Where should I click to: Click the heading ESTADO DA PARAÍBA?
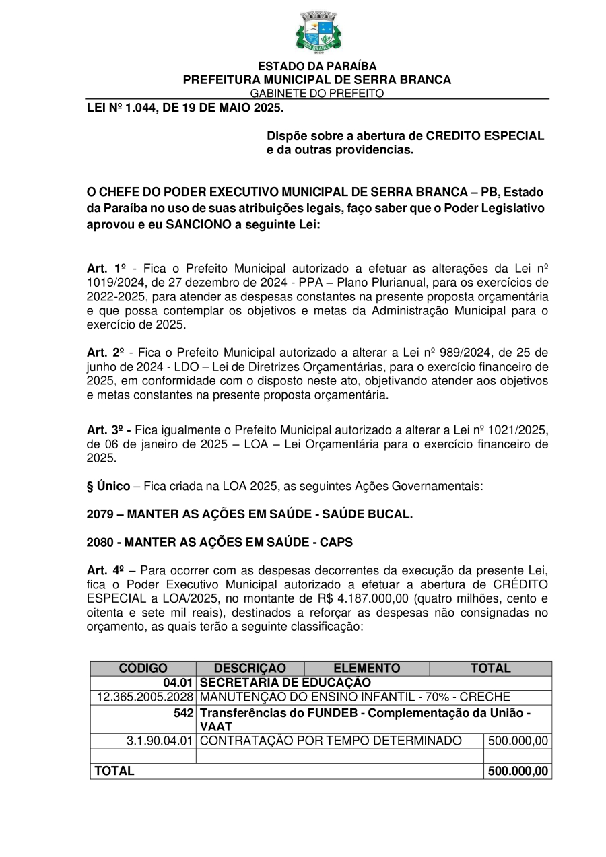(x=317, y=67)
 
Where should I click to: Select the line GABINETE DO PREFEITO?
(x=317, y=94)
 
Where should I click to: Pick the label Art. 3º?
(x=108, y=430)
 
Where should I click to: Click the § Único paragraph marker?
(x=108, y=486)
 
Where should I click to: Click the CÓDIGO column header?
(x=143, y=669)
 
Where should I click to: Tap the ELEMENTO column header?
(x=367, y=669)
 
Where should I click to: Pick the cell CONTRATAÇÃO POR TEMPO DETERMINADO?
(x=331, y=741)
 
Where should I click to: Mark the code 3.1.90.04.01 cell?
(x=160, y=741)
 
